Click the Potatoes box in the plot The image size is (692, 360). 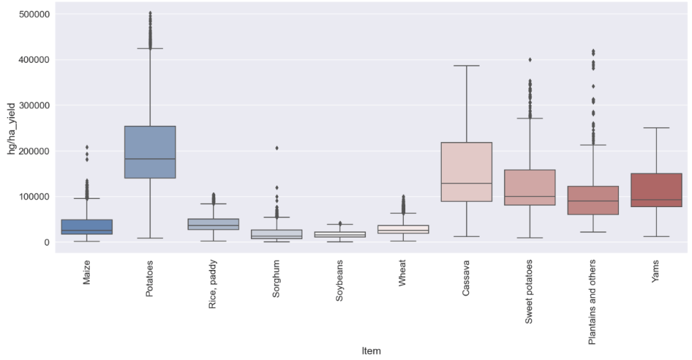150,152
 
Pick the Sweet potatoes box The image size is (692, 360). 530,187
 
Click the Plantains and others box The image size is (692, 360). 593,200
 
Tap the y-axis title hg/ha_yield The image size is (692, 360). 11,128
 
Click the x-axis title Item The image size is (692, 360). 371,351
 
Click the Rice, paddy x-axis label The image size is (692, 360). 213,284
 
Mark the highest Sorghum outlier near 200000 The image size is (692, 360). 277,148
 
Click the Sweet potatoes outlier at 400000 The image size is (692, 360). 530,60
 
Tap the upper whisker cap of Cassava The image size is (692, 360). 466,66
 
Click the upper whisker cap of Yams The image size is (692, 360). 655,128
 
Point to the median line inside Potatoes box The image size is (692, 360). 150,159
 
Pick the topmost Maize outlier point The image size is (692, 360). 87,147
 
